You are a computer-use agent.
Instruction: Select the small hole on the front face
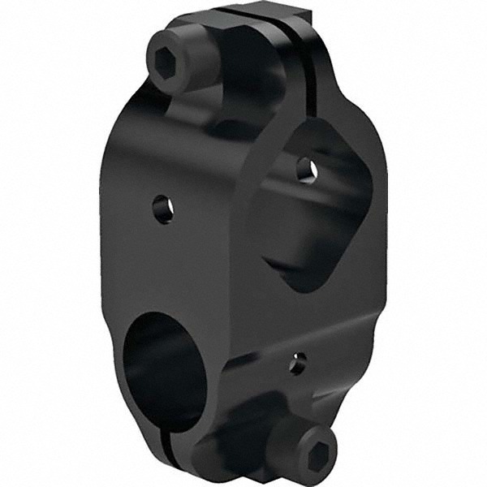(x=164, y=209)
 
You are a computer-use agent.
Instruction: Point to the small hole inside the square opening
(x=306, y=169)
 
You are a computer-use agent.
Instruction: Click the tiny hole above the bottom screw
(x=297, y=362)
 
